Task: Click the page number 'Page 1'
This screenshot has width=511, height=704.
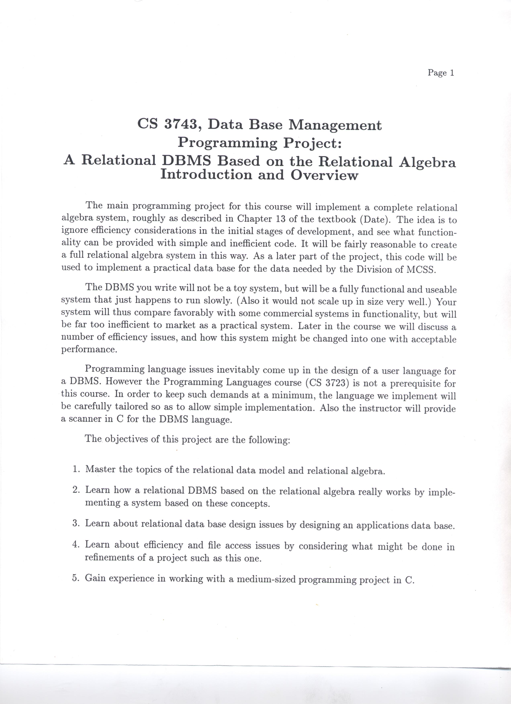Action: tap(441, 73)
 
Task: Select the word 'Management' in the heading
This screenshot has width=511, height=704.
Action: tap(335, 125)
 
